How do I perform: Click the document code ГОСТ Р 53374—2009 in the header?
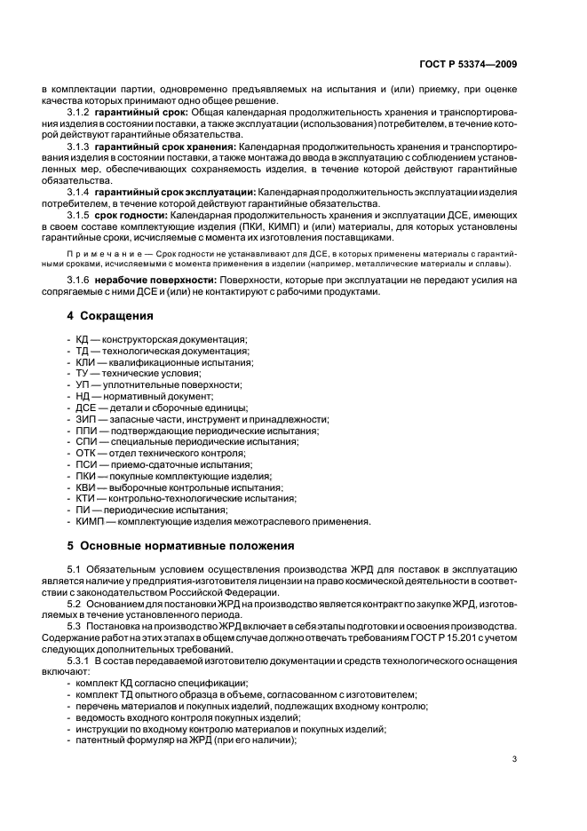tap(467, 64)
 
